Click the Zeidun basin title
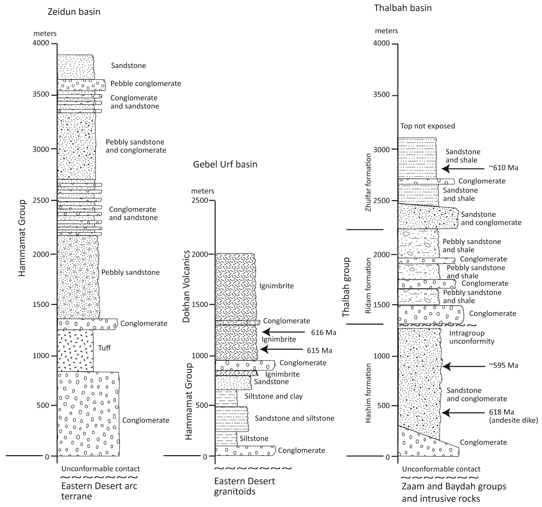click(74, 12)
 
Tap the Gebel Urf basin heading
click(225, 165)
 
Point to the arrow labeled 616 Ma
click(284, 332)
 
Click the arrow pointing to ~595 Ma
click(463, 366)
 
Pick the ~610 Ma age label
click(503, 168)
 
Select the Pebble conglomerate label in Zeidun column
click(146, 84)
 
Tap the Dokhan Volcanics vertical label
click(186, 286)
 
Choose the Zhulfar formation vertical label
click(368, 182)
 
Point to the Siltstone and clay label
click(273, 396)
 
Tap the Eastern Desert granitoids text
click(244, 486)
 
